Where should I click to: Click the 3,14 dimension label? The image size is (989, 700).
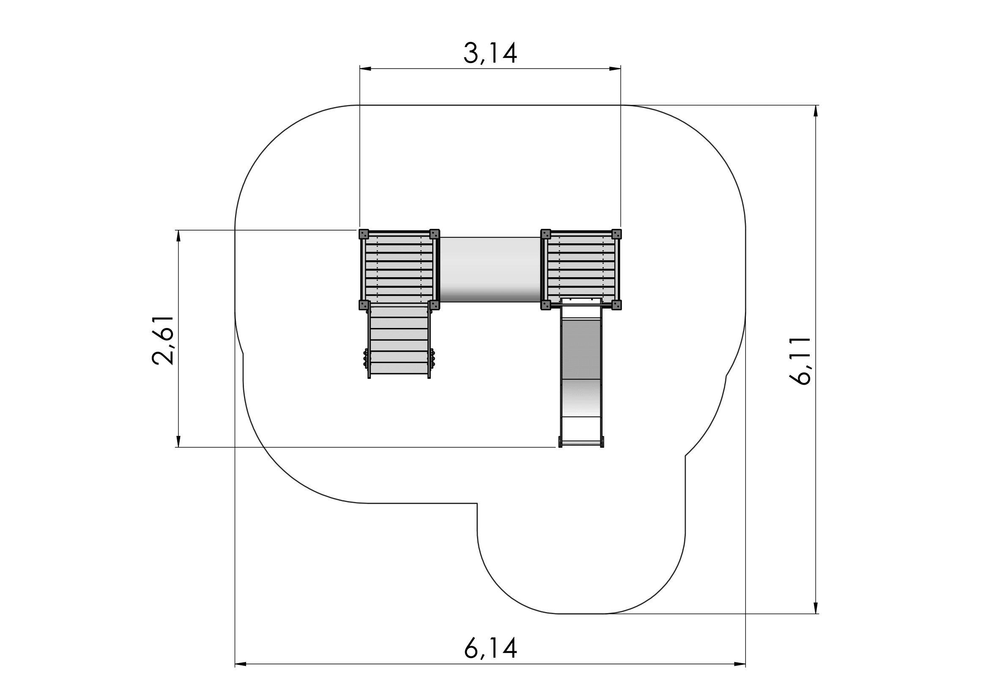490,53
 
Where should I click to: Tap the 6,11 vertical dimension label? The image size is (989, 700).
800,361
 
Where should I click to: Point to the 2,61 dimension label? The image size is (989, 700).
163,341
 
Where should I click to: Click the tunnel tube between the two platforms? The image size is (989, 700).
490,270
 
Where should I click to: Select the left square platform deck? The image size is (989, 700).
399,270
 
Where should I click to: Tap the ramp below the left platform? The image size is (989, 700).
399,341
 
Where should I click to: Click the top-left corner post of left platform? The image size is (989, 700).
364,234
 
